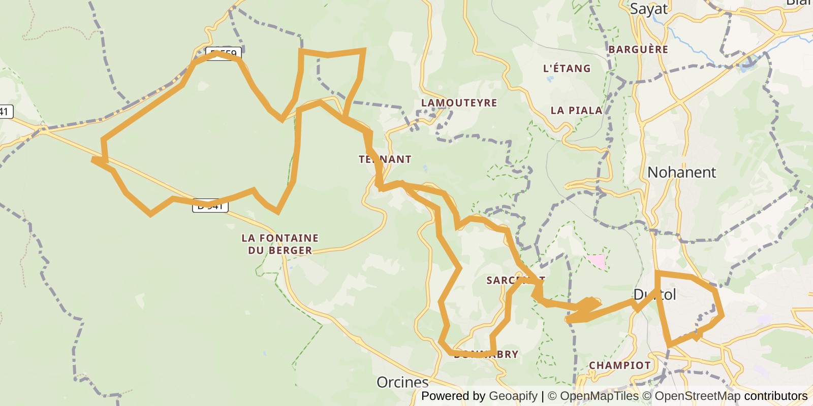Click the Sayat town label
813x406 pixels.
[x=648, y=9]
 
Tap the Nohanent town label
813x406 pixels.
[x=681, y=173]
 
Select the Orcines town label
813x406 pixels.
[x=402, y=382]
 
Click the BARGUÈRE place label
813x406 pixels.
[x=638, y=50]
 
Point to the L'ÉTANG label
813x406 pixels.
[x=567, y=69]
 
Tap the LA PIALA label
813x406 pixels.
[x=576, y=111]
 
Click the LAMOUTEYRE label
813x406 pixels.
[x=459, y=103]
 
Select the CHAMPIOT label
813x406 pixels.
[x=619, y=365]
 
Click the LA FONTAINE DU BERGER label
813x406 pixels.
[x=280, y=244]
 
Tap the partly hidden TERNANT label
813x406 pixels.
[x=385, y=159]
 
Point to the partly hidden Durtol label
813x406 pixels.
[x=654, y=295]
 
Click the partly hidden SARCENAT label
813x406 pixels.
[x=515, y=280]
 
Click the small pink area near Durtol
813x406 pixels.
[x=596, y=261]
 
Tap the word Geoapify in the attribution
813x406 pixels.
[x=513, y=396]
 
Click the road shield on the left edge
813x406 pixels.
[x=5, y=112]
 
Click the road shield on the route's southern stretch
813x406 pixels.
[x=210, y=206]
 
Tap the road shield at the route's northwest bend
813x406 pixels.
[x=224, y=53]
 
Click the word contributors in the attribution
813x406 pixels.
[x=775, y=396]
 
